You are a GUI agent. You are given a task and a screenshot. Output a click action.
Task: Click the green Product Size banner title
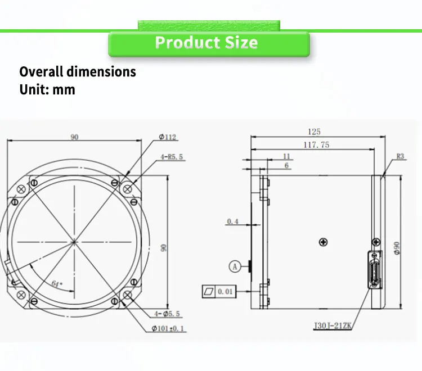click(206, 43)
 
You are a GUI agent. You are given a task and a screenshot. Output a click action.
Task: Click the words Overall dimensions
click(78, 72)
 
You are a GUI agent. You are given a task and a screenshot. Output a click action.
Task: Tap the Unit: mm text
click(47, 89)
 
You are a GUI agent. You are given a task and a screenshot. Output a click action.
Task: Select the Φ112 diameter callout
click(168, 137)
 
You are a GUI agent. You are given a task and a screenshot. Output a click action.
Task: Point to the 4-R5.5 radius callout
click(172, 157)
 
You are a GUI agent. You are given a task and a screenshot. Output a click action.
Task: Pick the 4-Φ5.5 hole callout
click(168, 313)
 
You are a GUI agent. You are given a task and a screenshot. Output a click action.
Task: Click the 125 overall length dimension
click(314, 132)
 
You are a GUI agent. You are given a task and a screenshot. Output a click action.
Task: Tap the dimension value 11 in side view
click(286, 156)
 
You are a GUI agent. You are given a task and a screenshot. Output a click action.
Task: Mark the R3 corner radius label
click(401, 156)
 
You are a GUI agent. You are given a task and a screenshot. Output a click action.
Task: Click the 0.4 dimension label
click(233, 221)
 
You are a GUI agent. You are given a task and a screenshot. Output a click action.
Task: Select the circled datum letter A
click(235, 266)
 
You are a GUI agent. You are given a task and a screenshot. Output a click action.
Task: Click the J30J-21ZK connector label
click(333, 325)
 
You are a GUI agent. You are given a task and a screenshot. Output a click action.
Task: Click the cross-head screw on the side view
click(323, 242)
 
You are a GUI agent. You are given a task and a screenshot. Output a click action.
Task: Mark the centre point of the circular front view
click(74, 242)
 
